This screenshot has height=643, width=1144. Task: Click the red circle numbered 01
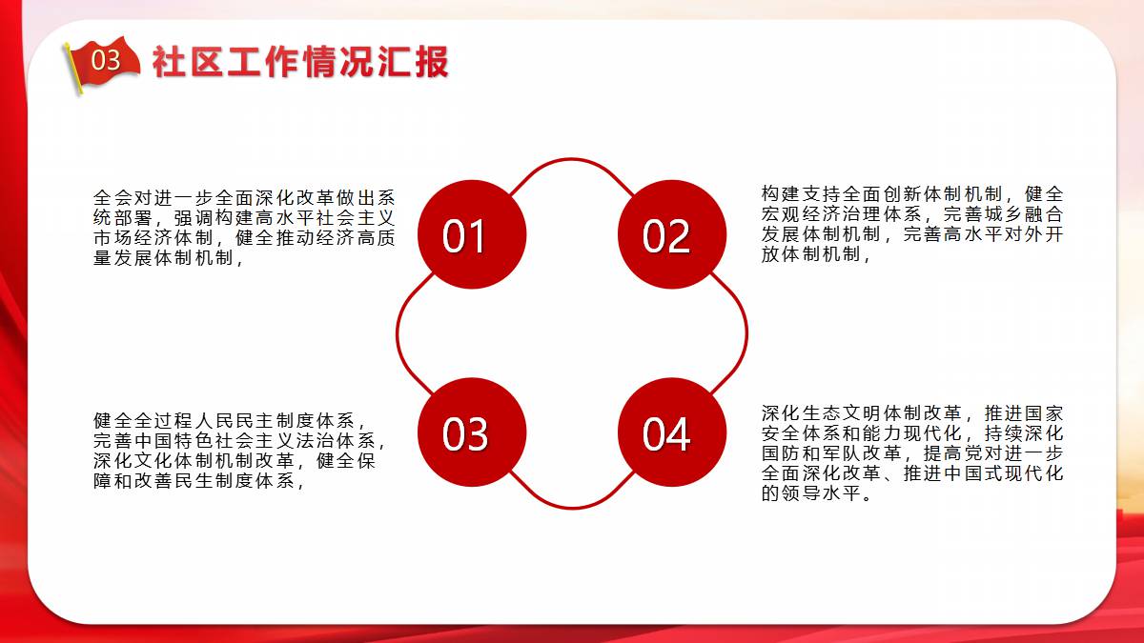(472, 234)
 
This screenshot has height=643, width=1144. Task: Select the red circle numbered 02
(672, 234)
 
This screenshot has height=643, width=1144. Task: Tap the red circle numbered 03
(472, 432)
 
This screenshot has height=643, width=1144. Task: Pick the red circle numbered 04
(672, 432)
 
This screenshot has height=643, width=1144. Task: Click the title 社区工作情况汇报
(300, 62)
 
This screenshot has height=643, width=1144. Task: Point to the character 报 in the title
(431, 62)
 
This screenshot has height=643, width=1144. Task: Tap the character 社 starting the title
(170, 62)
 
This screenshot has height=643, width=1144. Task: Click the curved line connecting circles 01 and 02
(572, 159)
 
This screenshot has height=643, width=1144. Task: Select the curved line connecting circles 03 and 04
(572, 507)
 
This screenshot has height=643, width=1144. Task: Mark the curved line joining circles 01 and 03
(398, 333)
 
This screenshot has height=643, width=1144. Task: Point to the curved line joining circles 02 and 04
(746, 333)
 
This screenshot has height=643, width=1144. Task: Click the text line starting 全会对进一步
(244, 197)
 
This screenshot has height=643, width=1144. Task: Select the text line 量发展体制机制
(168, 258)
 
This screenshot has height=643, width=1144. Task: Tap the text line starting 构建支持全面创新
(912, 194)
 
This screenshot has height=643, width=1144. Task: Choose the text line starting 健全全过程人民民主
(229, 420)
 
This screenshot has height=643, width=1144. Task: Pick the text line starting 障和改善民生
(198, 481)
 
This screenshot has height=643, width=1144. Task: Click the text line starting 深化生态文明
(912, 412)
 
